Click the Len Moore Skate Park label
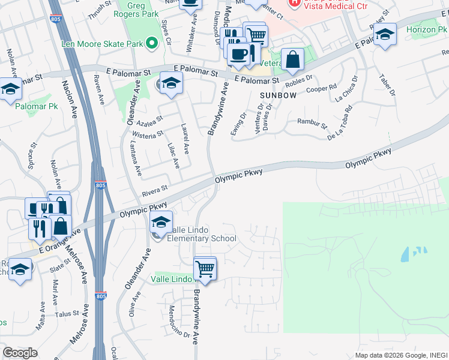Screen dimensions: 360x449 tap(102, 44)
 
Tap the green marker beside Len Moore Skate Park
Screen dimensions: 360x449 tap(151, 43)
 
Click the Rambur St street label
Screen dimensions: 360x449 tap(312, 124)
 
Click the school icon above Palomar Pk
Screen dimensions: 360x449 tap(10, 91)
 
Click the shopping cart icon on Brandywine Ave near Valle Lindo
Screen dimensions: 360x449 tap(205, 268)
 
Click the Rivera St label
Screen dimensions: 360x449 tap(154, 193)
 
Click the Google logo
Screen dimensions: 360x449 tap(20, 353)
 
